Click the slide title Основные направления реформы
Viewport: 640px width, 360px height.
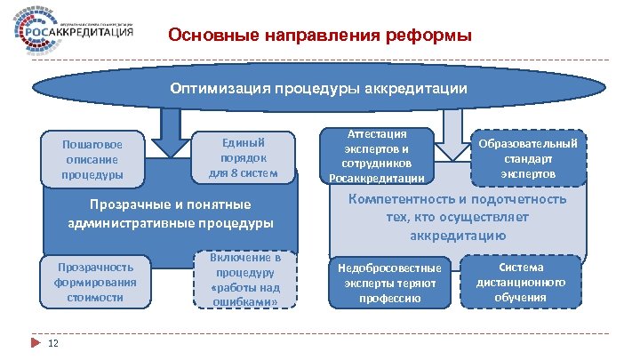pos(320,36)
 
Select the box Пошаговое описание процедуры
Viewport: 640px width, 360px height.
pos(92,158)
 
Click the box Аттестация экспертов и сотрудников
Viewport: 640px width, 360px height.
pos(380,156)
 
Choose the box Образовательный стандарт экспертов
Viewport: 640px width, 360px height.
pos(528,157)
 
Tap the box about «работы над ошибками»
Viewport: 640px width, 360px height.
pos(245,280)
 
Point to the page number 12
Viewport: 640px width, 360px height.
pos(53,344)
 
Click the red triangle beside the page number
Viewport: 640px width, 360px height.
pos(36,344)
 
